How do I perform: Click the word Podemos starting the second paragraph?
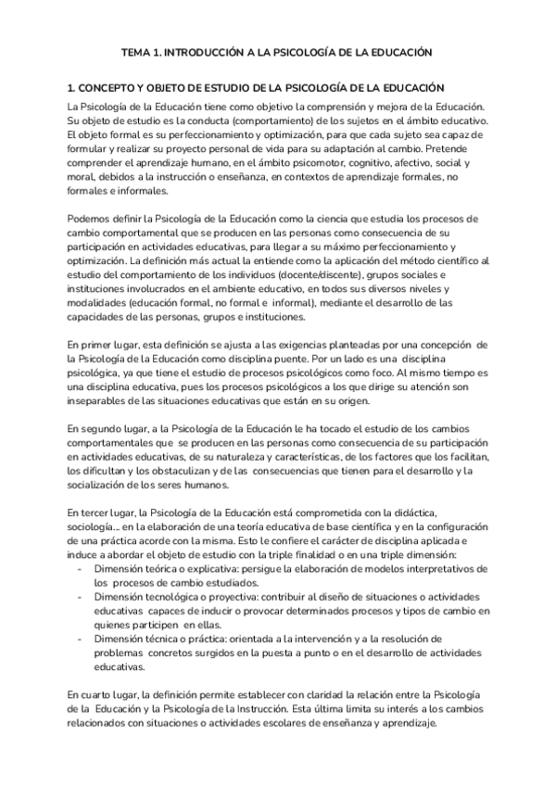pos(90,218)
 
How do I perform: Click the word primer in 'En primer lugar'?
pos(102,345)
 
